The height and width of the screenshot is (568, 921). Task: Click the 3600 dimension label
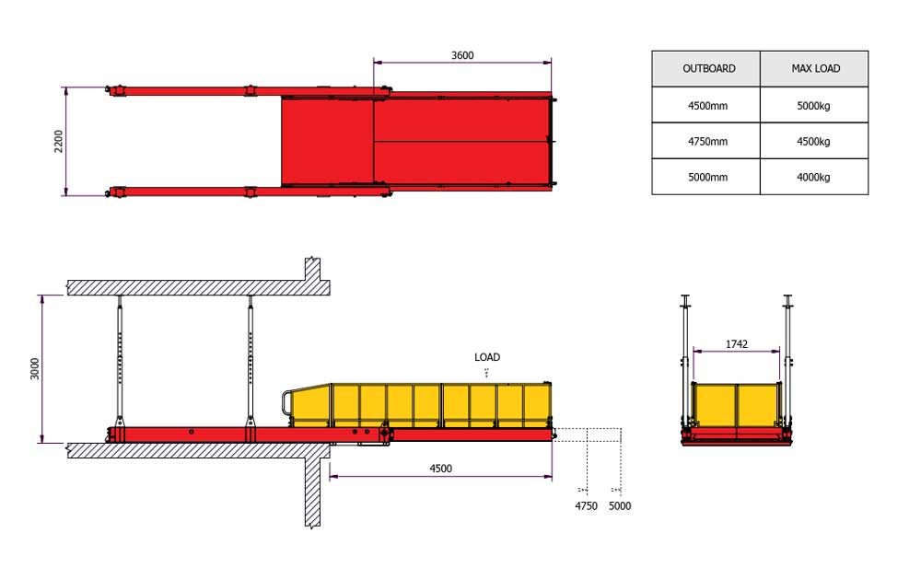pyautogui.click(x=462, y=55)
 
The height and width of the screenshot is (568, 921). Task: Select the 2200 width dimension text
pyautogui.click(x=58, y=141)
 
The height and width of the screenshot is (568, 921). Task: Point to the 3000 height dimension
pyautogui.click(x=35, y=369)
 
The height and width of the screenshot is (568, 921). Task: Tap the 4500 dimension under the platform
pyautogui.click(x=440, y=469)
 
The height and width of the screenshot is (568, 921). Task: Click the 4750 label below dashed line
pyautogui.click(x=586, y=505)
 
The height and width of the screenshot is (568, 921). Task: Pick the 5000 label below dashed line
pyautogui.click(x=620, y=505)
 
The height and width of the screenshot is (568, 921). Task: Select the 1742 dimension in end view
pyautogui.click(x=737, y=344)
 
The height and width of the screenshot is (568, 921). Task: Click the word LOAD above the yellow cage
pyautogui.click(x=487, y=357)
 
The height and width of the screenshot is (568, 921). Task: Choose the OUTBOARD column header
pyautogui.click(x=709, y=68)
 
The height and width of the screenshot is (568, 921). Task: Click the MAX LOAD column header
pyautogui.click(x=816, y=68)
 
